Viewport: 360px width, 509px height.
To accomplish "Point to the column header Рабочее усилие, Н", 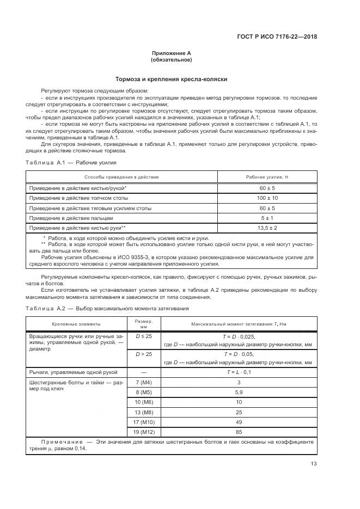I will coord(267,177).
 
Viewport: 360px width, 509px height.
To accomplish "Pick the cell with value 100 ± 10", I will coord(267,198).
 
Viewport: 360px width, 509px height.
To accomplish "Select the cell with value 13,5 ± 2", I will coord(267,228).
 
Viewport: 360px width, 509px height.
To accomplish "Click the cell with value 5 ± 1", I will coord(267,218).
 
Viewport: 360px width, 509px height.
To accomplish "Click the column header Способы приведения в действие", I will coord(121,177).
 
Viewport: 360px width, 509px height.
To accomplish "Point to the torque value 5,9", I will coord(238,393).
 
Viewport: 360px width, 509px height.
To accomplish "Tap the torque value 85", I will coord(238,432).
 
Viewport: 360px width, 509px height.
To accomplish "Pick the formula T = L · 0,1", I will coord(238,372).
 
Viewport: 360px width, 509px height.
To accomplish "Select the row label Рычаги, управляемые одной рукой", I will coord(72,372).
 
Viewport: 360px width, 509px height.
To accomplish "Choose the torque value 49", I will coord(238,422).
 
